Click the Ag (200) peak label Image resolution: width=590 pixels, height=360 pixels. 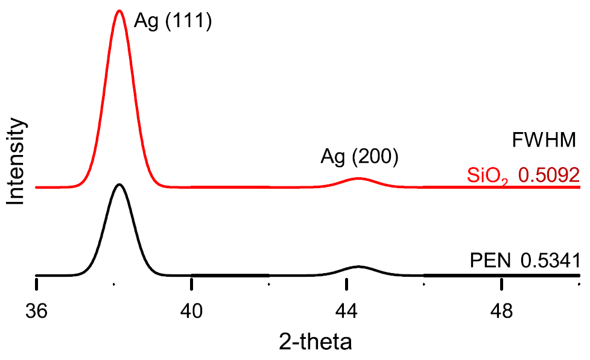360,159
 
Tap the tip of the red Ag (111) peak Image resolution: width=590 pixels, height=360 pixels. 119,11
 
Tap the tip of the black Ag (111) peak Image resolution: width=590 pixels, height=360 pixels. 119,185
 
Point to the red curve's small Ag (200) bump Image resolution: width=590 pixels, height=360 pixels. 359,178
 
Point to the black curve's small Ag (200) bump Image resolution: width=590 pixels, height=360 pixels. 358,267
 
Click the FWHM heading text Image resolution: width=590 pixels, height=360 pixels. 545,141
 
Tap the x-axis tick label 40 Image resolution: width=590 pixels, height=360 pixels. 192,311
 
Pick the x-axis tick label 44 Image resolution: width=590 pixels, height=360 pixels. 347,311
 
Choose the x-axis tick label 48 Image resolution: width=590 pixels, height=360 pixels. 502,311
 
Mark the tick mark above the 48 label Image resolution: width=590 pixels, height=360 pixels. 502,282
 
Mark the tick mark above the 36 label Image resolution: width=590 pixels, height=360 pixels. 37,282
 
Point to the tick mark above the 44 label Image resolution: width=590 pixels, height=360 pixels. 347,282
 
